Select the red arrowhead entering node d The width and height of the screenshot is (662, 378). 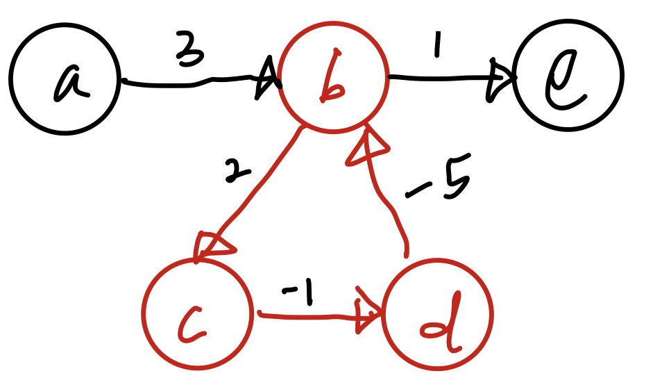click(x=368, y=313)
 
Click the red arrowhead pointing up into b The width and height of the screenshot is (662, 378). click(x=359, y=148)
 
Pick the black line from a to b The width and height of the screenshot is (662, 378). click(x=187, y=84)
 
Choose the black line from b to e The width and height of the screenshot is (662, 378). click(x=437, y=78)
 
